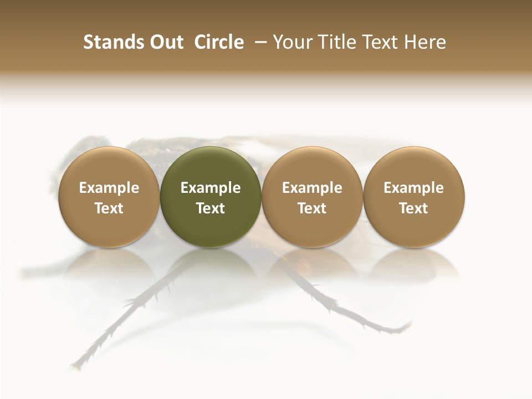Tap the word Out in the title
pyautogui.click(x=165, y=42)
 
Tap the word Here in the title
pyautogui.click(x=425, y=42)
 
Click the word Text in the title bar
pyautogui.click(x=382, y=42)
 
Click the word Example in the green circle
pyautogui.click(x=211, y=188)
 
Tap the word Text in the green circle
pyautogui.click(x=211, y=208)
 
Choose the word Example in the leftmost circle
pyautogui.click(x=109, y=188)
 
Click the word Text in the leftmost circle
pyautogui.click(x=109, y=208)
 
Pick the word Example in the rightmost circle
pyautogui.click(x=414, y=188)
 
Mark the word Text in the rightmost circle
pyautogui.click(x=414, y=208)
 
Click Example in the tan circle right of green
pyautogui.click(x=312, y=188)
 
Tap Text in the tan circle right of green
pyautogui.click(x=312, y=208)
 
